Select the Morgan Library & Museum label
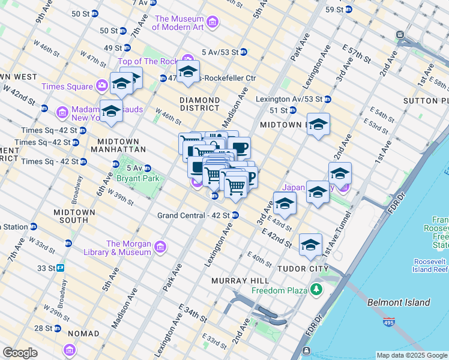pyautogui.click(x=128, y=248)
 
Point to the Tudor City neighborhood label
pyautogui.click(x=304, y=269)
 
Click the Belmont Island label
pyautogui.click(x=399, y=302)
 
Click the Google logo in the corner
pyautogui.click(x=20, y=353)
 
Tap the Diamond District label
pyautogui.click(x=199, y=104)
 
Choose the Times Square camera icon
pyautogui.click(x=101, y=86)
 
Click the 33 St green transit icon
pyautogui.click(x=60, y=268)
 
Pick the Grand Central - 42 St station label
pyautogui.click(x=193, y=215)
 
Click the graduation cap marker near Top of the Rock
pyautogui.click(x=188, y=71)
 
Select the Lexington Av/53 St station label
pyautogui.click(x=289, y=99)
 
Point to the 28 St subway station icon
pyautogui.click(x=57, y=328)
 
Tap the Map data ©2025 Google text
pyautogui.click(x=411, y=355)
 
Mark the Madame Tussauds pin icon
pyautogui.click(x=62, y=112)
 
